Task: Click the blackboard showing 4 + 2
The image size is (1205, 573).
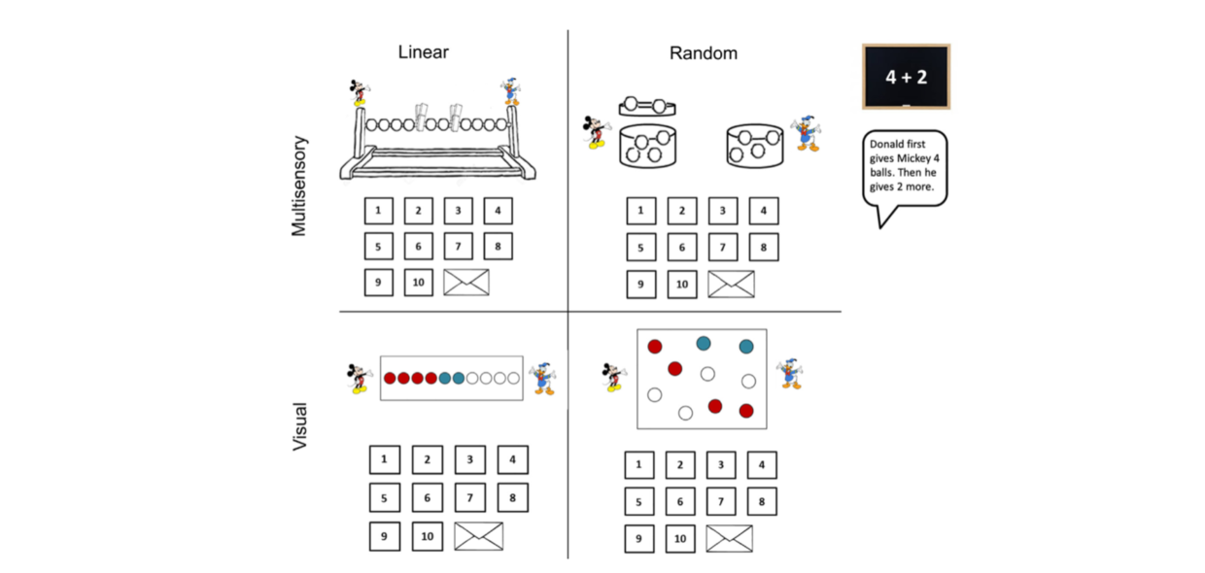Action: point(906,77)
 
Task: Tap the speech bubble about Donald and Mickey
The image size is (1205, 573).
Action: point(905,168)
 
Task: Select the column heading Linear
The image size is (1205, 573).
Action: point(424,52)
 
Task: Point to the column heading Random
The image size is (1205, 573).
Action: point(703,53)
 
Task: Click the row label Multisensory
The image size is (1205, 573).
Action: point(299,185)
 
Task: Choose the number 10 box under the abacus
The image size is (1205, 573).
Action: point(419,283)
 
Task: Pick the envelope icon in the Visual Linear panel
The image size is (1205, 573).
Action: point(479,535)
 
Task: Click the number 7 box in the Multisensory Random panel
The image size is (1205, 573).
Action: point(722,248)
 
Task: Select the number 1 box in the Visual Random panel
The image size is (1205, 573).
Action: point(638,465)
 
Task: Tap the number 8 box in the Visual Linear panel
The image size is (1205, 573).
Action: point(512,498)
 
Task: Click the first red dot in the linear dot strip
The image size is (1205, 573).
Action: point(391,378)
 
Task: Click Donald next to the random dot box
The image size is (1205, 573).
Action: point(790,373)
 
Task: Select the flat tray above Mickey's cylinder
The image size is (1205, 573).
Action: point(647,105)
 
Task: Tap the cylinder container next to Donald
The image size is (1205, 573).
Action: point(754,146)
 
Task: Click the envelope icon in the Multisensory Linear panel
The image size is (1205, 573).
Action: point(466,283)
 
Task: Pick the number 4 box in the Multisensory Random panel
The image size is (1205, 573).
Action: point(763,211)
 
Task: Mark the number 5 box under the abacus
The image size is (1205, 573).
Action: point(379,247)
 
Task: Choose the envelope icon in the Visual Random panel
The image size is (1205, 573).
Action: point(729,538)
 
